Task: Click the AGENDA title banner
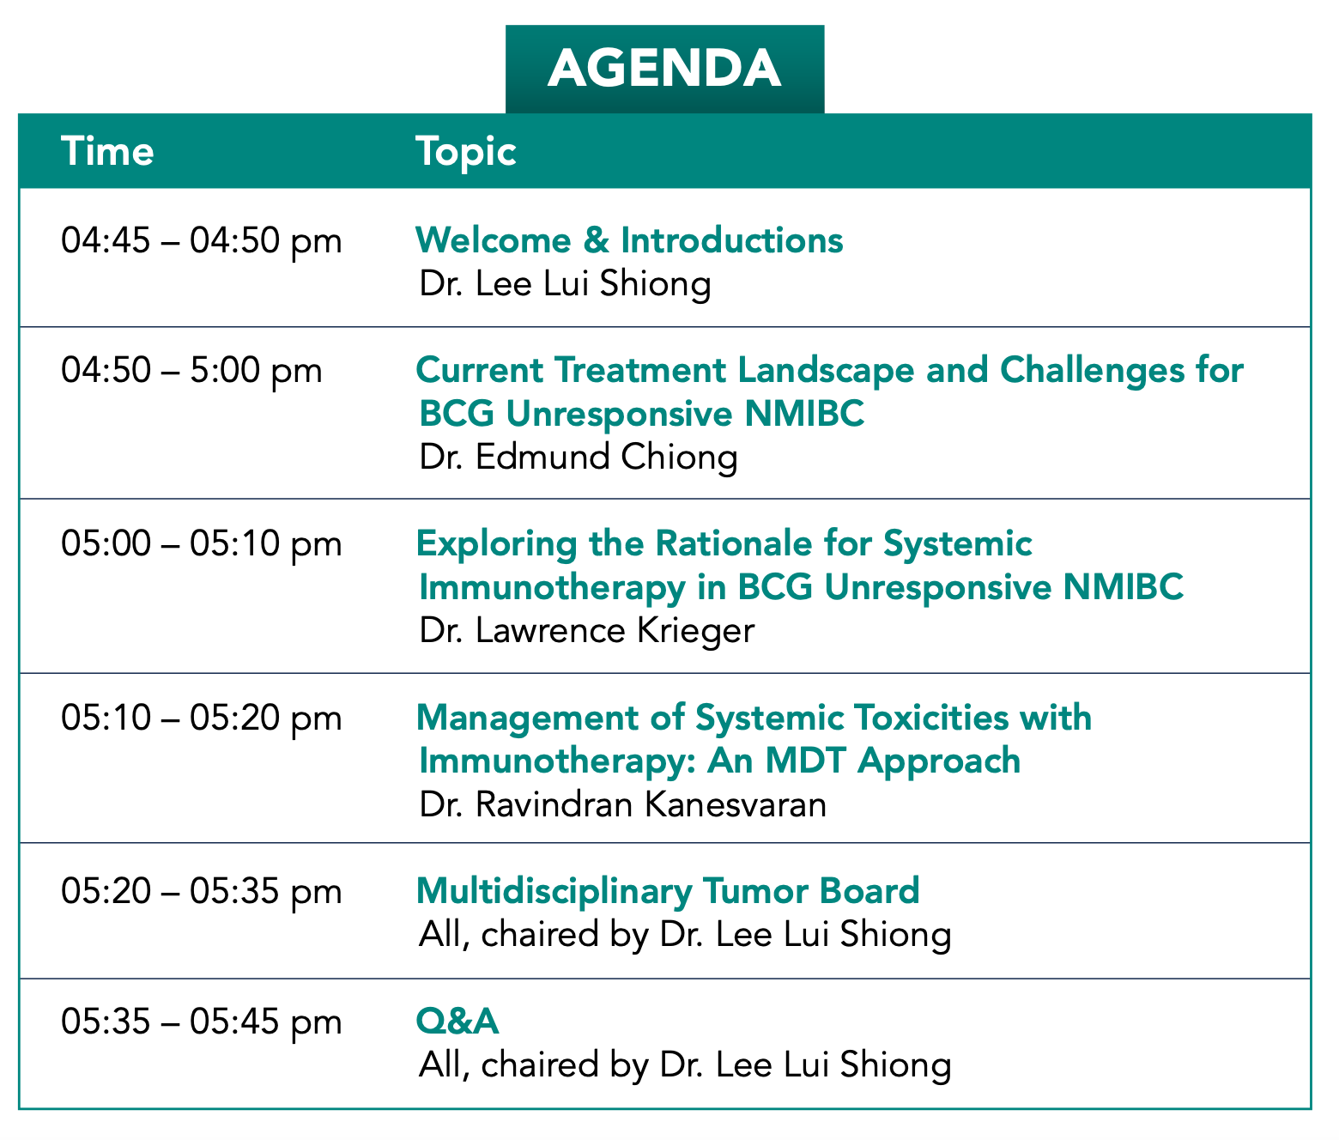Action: click(664, 69)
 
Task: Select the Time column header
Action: click(107, 152)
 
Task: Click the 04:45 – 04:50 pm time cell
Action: click(202, 241)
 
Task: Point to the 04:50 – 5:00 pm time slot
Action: click(191, 371)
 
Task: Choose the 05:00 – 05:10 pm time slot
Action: click(202, 544)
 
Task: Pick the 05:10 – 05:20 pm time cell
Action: click(202, 719)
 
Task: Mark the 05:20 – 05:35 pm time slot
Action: click(202, 892)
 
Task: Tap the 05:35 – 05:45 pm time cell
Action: click(202, 1022)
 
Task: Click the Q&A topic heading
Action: click(457, 1022)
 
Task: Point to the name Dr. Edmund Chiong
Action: click(579, 458)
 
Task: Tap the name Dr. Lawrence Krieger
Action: click(587, 631)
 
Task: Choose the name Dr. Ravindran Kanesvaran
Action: click(623, 804)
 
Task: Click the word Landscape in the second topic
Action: click(826, 371)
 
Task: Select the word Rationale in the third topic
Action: click(734, 543)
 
